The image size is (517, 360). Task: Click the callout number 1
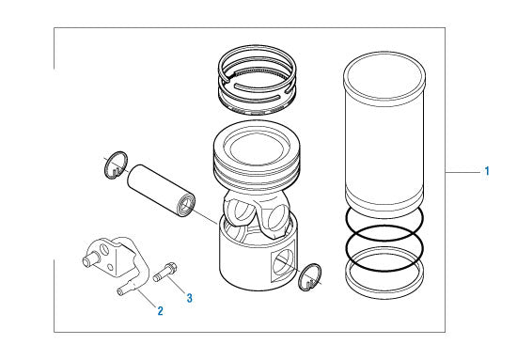[x=486, y=171]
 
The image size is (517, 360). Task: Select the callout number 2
[x=160, y=310]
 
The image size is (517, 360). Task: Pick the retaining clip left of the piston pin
[x=114, y=165]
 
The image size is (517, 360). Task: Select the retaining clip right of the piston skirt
[x=310, y=277]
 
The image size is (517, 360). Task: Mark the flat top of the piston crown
[x=259, y=142]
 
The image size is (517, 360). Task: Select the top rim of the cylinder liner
[x=387, y=68]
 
